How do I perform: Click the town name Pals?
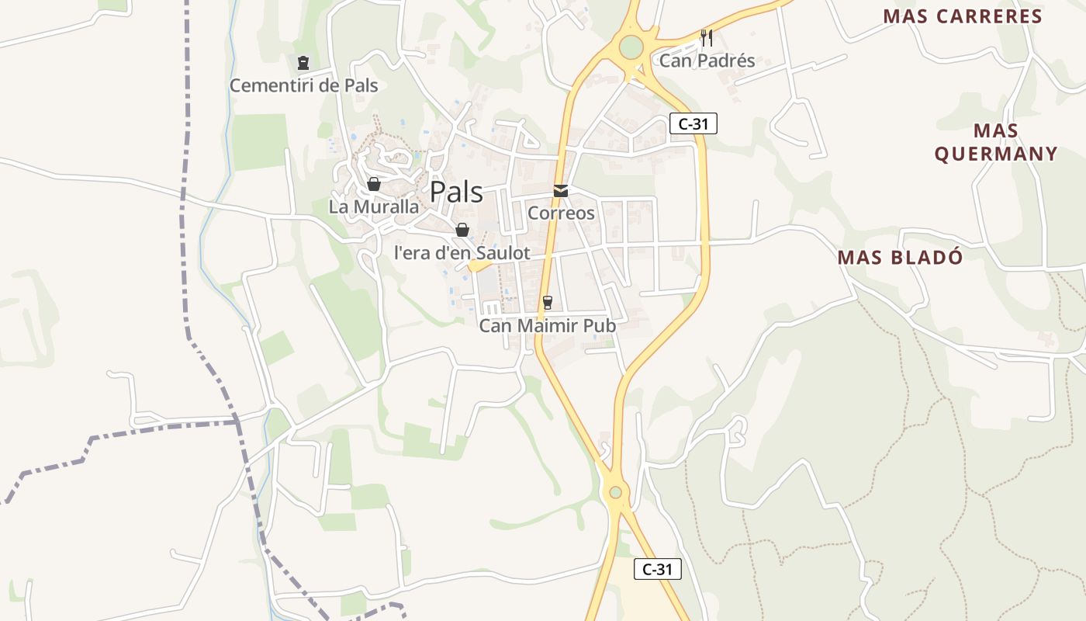[x=456, y=192]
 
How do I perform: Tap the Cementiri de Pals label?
[x=303, y=85]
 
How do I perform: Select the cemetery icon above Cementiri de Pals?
[x=303, y=63]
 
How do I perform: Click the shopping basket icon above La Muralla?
[x=373, y=184]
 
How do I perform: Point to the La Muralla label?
[x=373, y=207]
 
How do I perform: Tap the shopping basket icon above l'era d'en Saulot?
[x=462, y=230]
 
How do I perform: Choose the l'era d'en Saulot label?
[x=462, y=253]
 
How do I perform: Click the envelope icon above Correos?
[x=560, y=191]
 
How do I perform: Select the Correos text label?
[x=561, y=213]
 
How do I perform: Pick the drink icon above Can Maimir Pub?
[x=548, y=303]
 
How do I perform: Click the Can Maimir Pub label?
[x=548, y=326]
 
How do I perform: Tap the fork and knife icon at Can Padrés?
[x=706, y=37]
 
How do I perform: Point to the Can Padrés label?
[x=707, y=61]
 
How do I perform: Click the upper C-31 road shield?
[x=693, y=123]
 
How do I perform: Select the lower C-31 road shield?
[x=658, y=569]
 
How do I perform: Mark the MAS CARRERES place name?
[x=963, y=16]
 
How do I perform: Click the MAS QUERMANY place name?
[x=995, y=142]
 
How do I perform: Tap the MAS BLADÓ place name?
[x=900, y=258]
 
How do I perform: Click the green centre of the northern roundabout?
[x=631, y=47]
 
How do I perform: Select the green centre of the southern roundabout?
[x=615, y=491]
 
